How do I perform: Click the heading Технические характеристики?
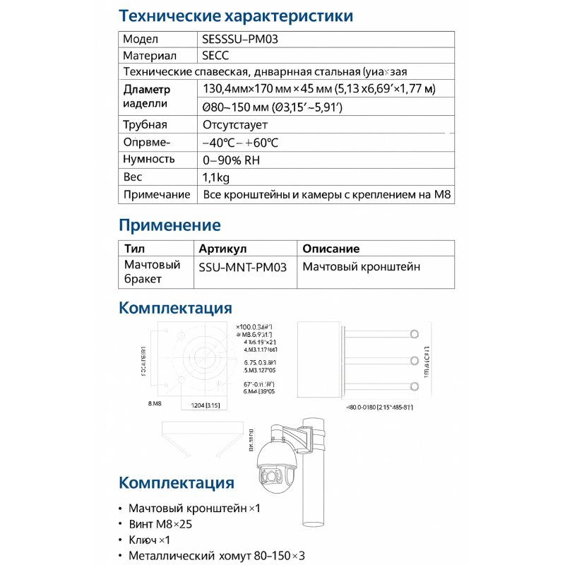point(236,16)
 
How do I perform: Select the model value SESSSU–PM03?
point(240,40)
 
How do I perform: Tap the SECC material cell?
point(215,56)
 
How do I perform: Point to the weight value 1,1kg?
point(216,177)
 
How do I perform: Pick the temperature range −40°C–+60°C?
point(240,143)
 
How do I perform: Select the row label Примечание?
point(157,194)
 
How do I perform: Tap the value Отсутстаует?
point(235,125)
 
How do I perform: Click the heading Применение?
point(169,225)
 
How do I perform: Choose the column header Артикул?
point(222,249)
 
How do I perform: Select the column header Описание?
point(331,249)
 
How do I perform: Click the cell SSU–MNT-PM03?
point(244,268)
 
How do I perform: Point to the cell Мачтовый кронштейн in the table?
point(361,267)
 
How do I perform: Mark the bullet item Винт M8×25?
point(160,525)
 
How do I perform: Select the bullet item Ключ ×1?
point(149,540)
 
